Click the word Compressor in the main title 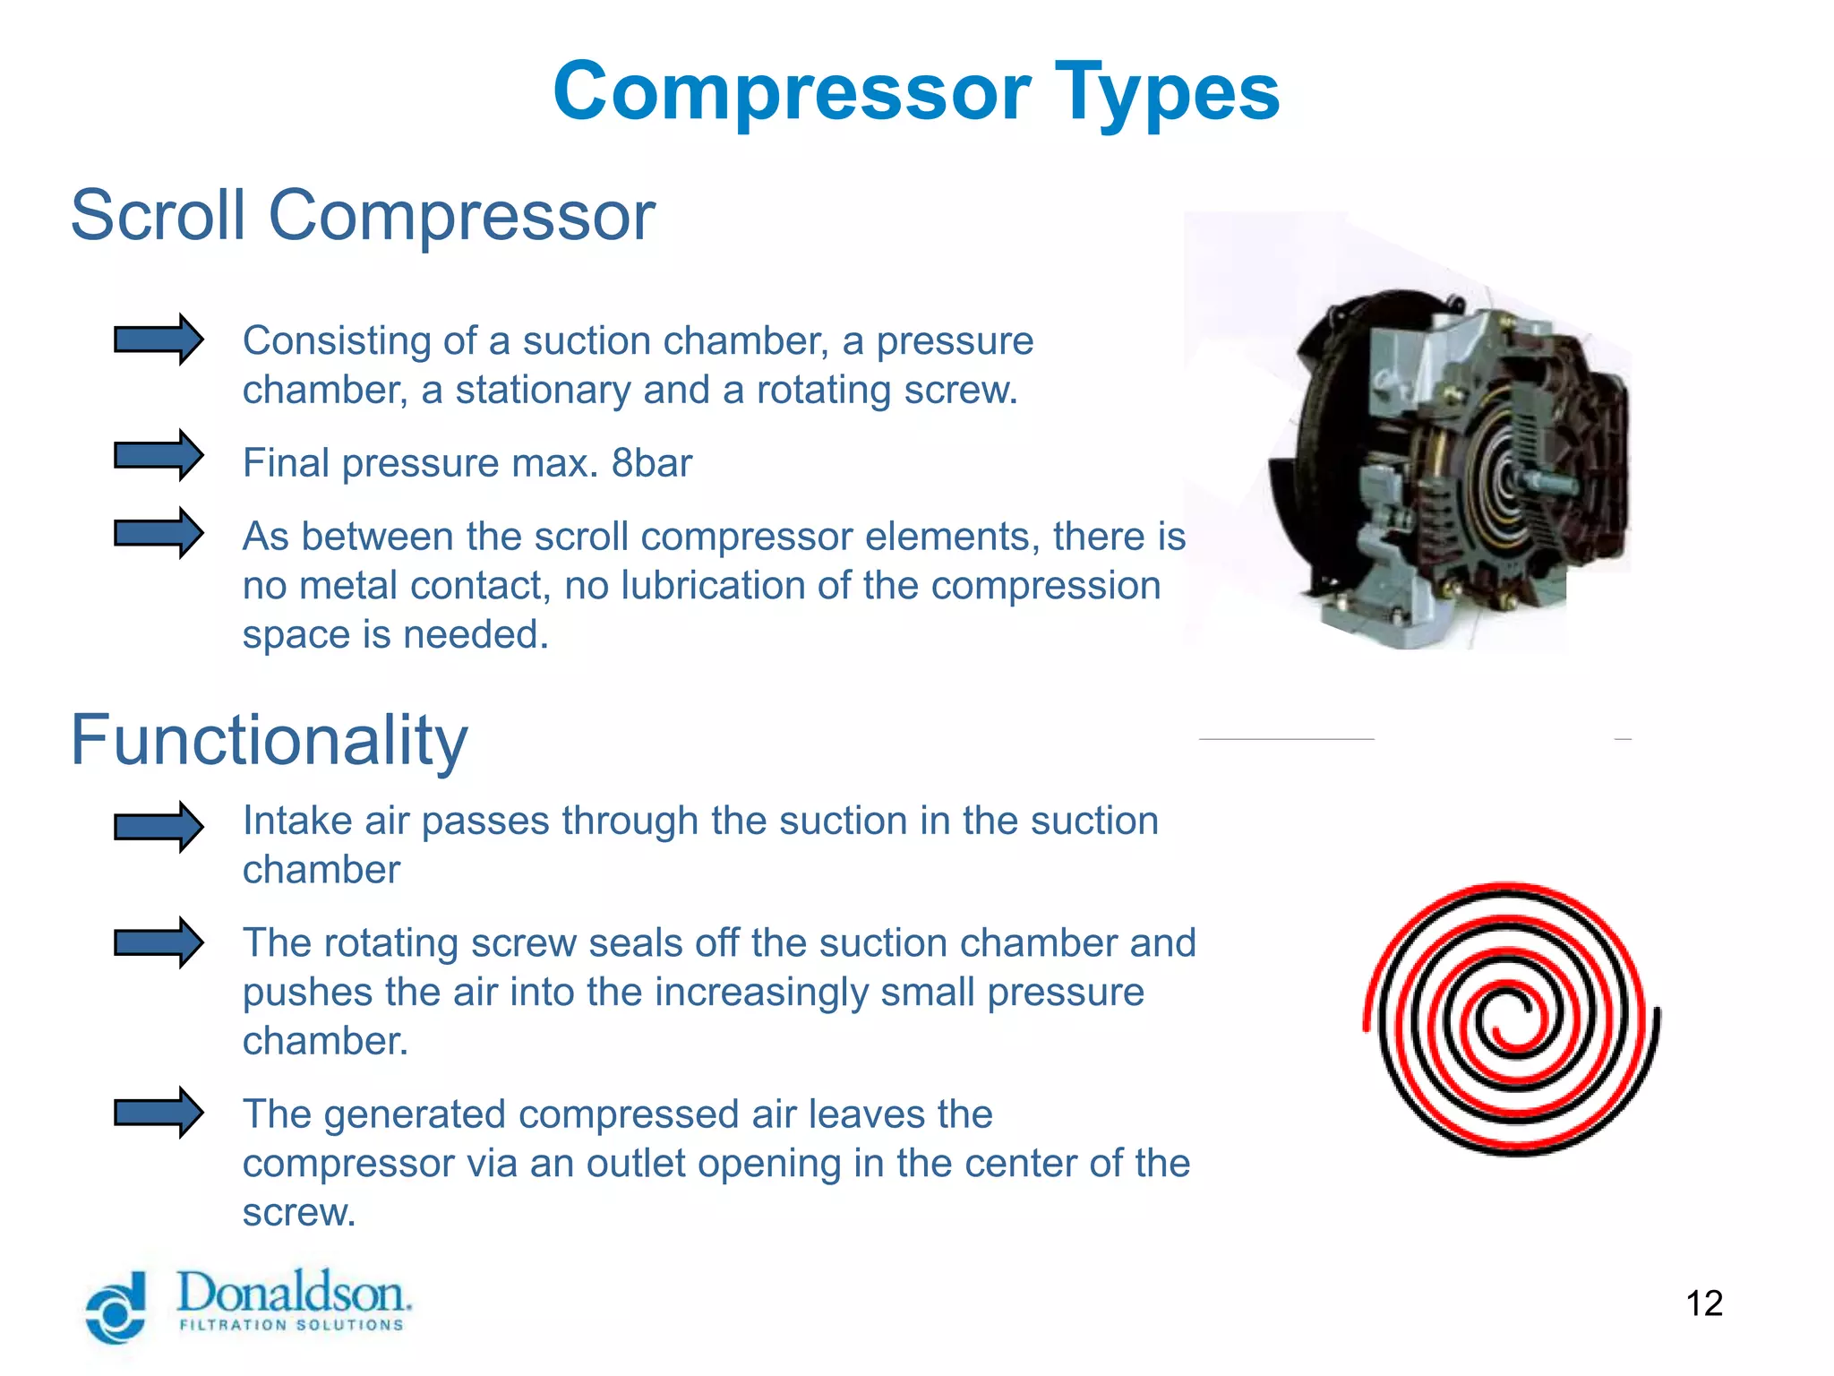click(x=792, y=92)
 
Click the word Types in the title click(x=1167, y=92)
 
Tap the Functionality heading click(x=269, y=740)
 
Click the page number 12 click(x=1703, y=1303)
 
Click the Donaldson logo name click(x=293, y=1293)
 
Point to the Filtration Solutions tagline click(x=291, y=1325)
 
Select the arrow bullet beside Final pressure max click(x=159, y=455)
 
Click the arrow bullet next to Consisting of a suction click(x=159, y=340)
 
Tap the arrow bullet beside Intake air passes click(x=159, y=826)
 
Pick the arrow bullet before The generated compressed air click(x=159, y=1113)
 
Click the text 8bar click(x=651, y=463)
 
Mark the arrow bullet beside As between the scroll click(x=159, y=533)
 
